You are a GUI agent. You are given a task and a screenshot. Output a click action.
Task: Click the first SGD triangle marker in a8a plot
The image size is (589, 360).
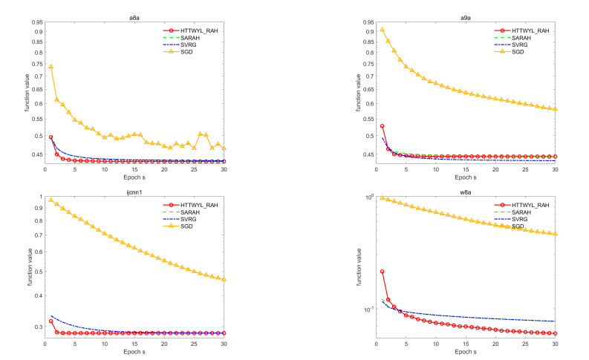click(x=51, y=67)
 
